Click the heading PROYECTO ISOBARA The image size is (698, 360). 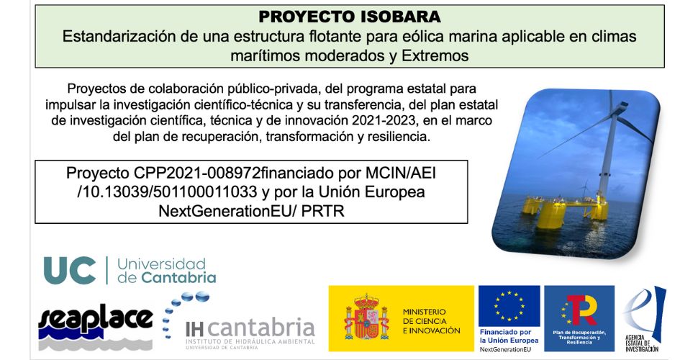[x=350, y=17]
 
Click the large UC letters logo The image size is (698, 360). [x=70, y=271]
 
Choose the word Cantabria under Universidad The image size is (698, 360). [x=178, y=278]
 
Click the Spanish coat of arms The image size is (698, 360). [x=366, y=318]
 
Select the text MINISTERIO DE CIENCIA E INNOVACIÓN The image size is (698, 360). [x=431, y=321]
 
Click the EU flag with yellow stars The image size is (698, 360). [x=509, y=306]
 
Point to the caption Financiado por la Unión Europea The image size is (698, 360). [x=509, y=336]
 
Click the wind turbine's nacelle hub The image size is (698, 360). [x=621, y=107]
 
